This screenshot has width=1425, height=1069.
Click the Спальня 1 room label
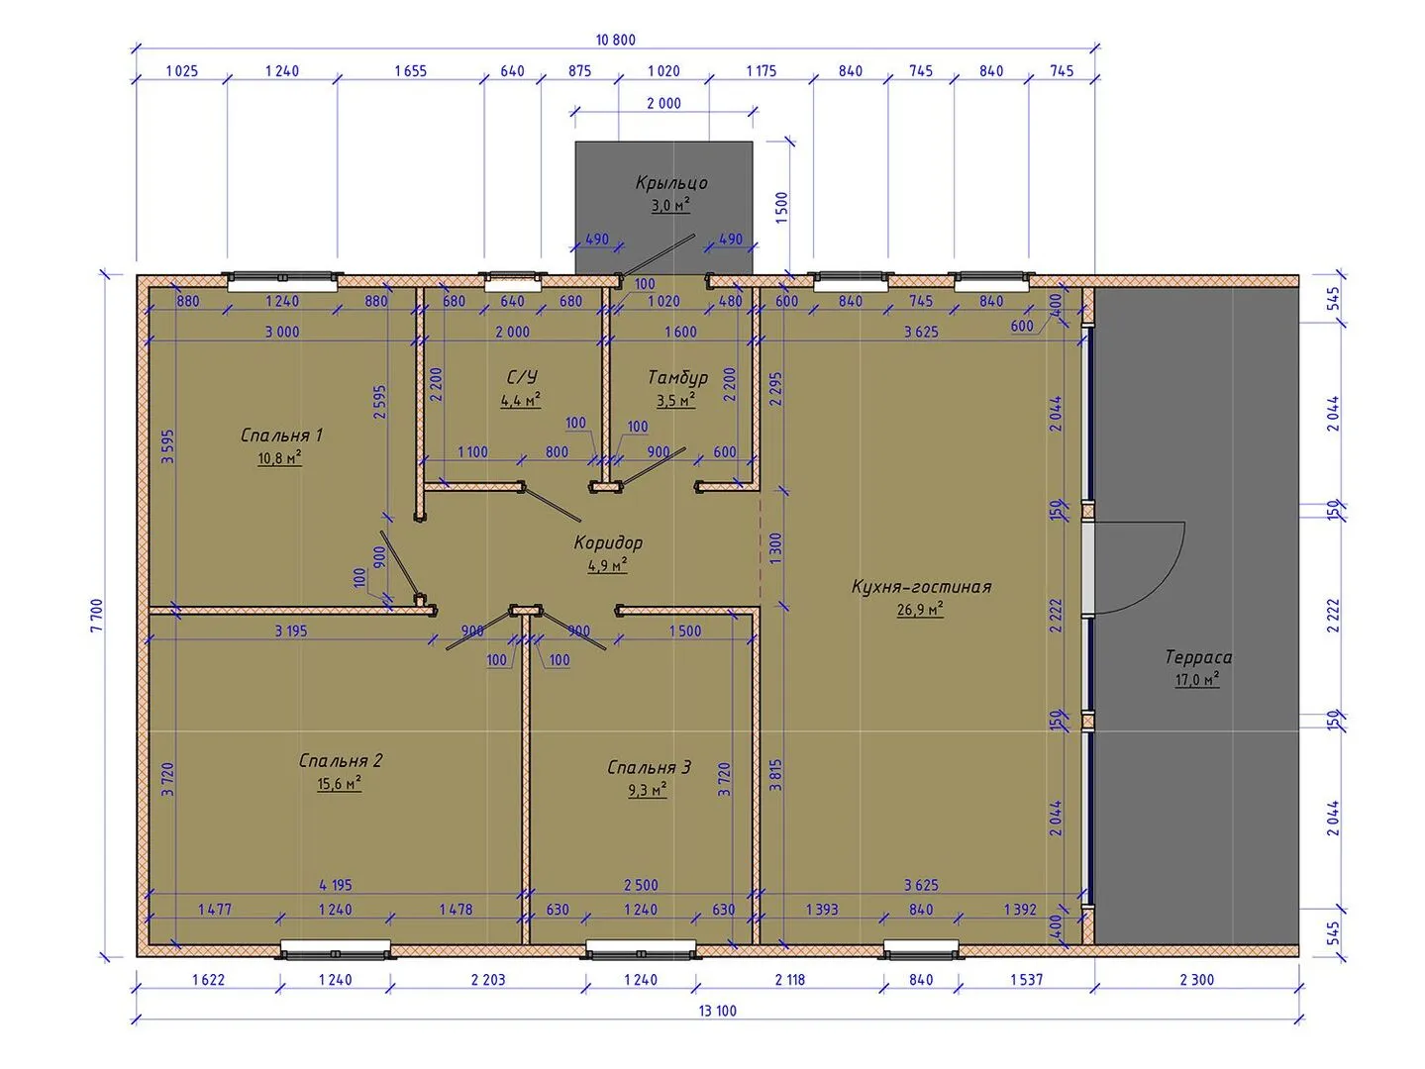(281, 435)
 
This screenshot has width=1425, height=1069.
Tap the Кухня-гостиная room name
(921, 586)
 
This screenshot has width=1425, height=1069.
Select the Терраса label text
(1198, 657)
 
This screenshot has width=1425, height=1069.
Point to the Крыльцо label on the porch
(671, 183)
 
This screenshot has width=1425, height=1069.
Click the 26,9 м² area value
(920, 610)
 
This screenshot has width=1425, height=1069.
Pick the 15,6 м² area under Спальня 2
(339, 784)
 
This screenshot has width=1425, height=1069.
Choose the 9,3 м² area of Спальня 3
(648, 790)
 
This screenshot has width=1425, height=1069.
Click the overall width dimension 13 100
(717, 1011)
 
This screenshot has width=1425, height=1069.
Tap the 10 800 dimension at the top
(615, 41)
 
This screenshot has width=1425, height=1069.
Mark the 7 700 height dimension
(97, 615)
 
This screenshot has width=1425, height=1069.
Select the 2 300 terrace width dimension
(1196, 980)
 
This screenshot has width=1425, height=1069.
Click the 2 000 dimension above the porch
(663, 103)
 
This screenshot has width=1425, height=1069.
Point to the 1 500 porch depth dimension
(781, 208)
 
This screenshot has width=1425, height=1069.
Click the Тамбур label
(677, 377)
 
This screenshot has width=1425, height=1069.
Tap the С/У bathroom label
(522, 377)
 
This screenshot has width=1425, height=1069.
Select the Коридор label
(608, 542)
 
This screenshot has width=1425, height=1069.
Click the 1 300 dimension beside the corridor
(775, 548)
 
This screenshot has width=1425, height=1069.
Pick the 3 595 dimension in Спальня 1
(168, 446)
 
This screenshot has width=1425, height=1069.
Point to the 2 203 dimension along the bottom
(487, 980)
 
